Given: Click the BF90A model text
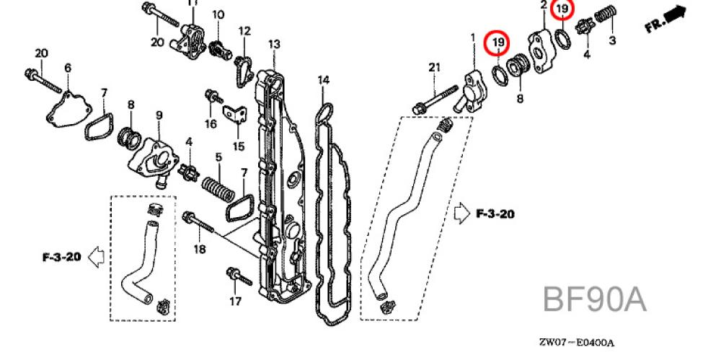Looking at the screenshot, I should (x=594, y=299).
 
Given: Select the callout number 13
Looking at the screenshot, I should (x=273, y=45).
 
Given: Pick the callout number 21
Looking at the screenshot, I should (x=433, y=68).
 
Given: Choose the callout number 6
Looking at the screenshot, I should (x=68, y=68).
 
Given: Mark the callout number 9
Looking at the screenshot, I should (x=159, y=115).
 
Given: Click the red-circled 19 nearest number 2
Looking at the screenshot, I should (x=562, y=10).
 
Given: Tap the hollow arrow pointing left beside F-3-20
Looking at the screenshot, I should (x=94, y=256).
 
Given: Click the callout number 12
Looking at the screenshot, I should (x=244, y=31).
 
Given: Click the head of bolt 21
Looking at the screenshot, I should (x=417, y=110).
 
